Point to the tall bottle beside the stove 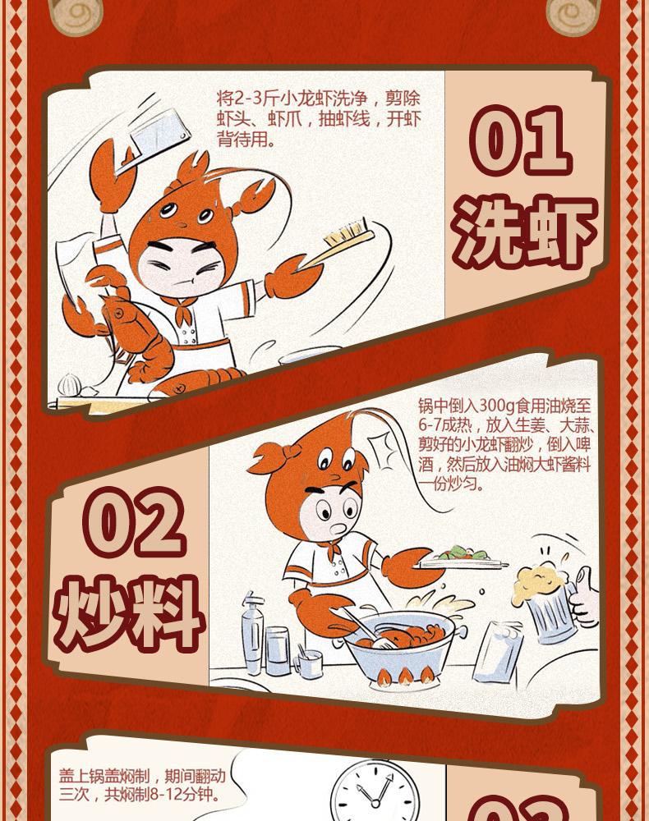pyautogui.click(x=251, y=632)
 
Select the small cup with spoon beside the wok pyautogui.click(x=309, y=662)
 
